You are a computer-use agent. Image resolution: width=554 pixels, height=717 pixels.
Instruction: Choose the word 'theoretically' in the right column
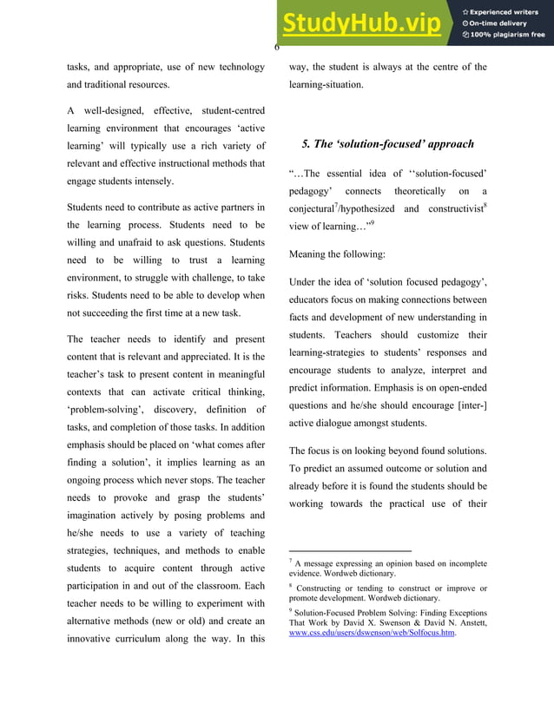click(419, 191)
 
